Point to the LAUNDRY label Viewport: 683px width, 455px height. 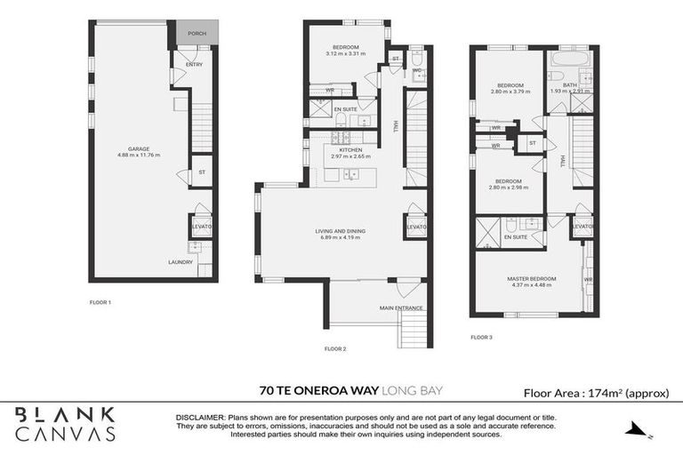(181, 262)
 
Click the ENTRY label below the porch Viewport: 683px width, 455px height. (194, 65)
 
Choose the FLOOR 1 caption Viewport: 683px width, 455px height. (100, 303)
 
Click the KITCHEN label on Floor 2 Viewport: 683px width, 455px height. (351, 150)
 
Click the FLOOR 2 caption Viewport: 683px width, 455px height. (334, 348)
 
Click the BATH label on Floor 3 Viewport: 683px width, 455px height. (569, 85)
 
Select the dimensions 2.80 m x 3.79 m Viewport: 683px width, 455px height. (510, 92)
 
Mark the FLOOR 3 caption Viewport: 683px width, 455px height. (480, 337)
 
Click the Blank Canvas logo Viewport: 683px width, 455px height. (65, 423)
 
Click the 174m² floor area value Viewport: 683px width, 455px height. (605, 392)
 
